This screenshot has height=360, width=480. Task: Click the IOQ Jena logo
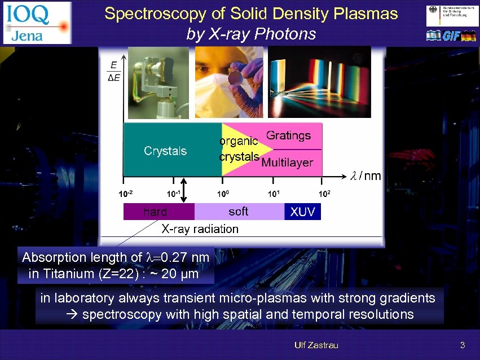(x=37, y=23)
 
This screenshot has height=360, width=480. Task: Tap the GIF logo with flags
(x=451, y=36)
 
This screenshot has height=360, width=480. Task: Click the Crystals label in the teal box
(x=165, y=151)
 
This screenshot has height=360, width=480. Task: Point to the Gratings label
(x=288, y=135)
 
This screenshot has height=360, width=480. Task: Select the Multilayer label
(x=287, y=163)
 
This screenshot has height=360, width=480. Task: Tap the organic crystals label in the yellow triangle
(x=239, y=148)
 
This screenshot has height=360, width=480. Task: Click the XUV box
(x=302, y=212)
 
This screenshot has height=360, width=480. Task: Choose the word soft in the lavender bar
(x=238, y=211)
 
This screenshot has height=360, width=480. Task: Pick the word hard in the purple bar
(x=155, y=212)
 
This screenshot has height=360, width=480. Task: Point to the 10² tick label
(x=324, y=194)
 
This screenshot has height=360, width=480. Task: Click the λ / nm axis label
(x=366, y=176)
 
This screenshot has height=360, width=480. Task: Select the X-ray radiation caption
(x=200, y=229)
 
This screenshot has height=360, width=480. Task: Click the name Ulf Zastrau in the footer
(x=316, y=345)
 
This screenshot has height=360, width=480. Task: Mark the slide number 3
(x=463, y=345)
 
